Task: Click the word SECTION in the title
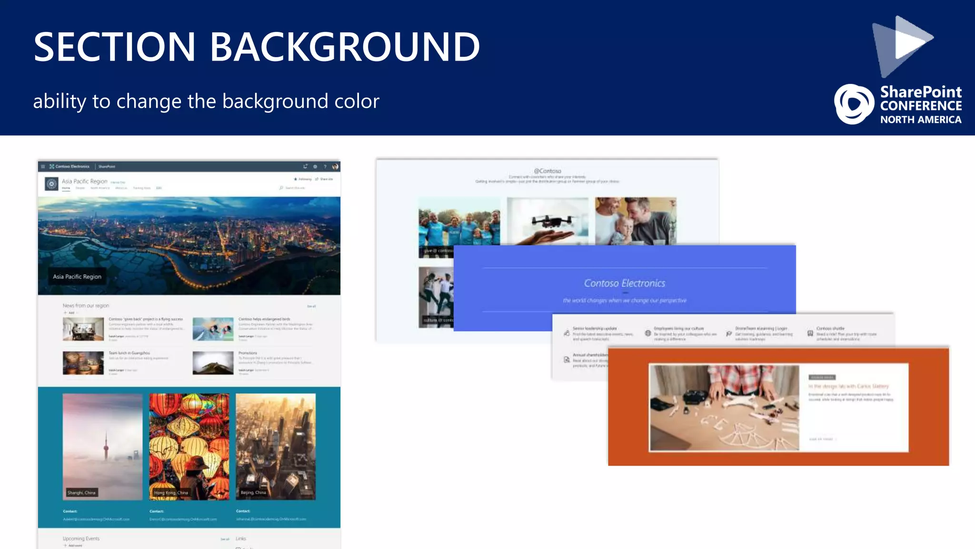coord(114,47)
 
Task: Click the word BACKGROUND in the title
coord(345,47)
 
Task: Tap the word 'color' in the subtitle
coord(357,101)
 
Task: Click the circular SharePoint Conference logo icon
coord(854,104)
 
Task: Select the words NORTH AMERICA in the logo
coord(920,120)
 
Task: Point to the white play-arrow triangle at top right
coord(911,39)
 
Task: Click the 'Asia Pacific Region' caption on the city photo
coord(77,276)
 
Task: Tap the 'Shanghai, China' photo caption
coord(81,493)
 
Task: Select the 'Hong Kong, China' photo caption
coord(171,493)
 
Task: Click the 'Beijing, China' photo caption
coord(253,493)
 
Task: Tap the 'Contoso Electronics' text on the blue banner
coord(625,283)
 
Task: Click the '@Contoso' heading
coord(547,171)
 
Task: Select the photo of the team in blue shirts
coord(459,222)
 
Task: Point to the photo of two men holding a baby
coord(636,221)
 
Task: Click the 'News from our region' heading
coord(86,305)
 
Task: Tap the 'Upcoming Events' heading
coord(81,539)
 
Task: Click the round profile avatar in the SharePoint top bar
coord(335,166)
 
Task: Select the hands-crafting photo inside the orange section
coord(724,407)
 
